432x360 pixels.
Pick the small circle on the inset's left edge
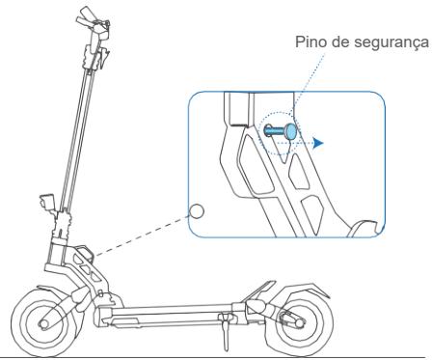(x=197, y=211)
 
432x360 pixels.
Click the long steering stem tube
(x=72, y=125)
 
